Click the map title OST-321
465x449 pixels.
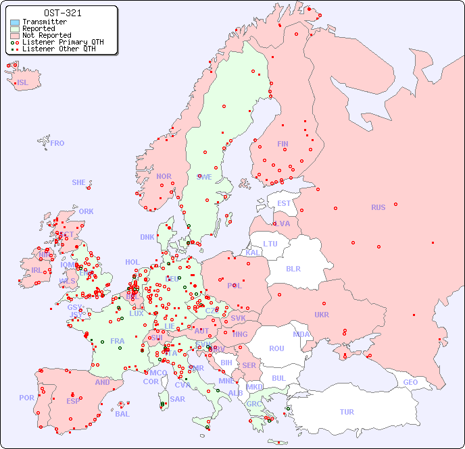pos(63,13)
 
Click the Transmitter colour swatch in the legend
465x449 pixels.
pos(15,22)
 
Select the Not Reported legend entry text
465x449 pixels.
pos(47,36)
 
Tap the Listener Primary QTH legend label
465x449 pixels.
pos(63,43)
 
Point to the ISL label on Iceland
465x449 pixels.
pos(23,83)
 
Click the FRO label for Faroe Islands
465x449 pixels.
pos(57,143)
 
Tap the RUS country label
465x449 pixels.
pos(378,207)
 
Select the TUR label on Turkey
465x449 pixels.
pos(347,412)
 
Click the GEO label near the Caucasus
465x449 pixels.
pos(410,382)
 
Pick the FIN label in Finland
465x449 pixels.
pos(283,144)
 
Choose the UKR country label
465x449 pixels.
pos(321,315)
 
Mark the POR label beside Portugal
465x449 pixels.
pos(26,398)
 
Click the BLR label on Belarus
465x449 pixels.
pos(293,268)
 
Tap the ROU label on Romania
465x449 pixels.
pos(276,348)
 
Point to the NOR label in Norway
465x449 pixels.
pos(164,176)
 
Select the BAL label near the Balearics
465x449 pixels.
pos(122,414)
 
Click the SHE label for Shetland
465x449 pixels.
pos(79,182)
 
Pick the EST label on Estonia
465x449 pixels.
pos(284,203)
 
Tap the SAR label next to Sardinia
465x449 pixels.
pos(177,399)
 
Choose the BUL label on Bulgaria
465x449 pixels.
pos(278,378)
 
